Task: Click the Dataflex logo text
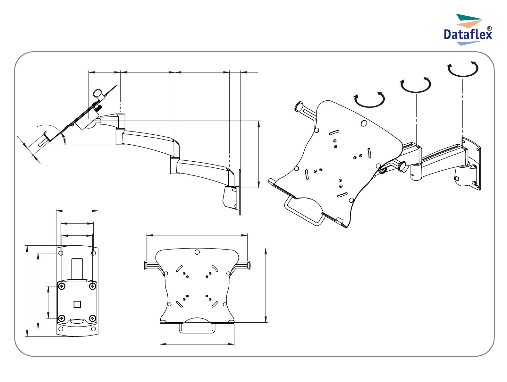point(468,34)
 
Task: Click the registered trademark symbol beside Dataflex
point(489,29)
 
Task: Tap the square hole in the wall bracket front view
point(77,304)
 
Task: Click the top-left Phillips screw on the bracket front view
point(62,286)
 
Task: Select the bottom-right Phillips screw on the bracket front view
point(93,318)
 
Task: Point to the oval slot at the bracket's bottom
point(77,321)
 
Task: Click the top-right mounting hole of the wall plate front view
point(94,253)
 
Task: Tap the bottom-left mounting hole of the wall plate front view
point(61,329)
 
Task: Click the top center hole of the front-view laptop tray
point(197,252)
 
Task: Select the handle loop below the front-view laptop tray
point(197,332)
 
